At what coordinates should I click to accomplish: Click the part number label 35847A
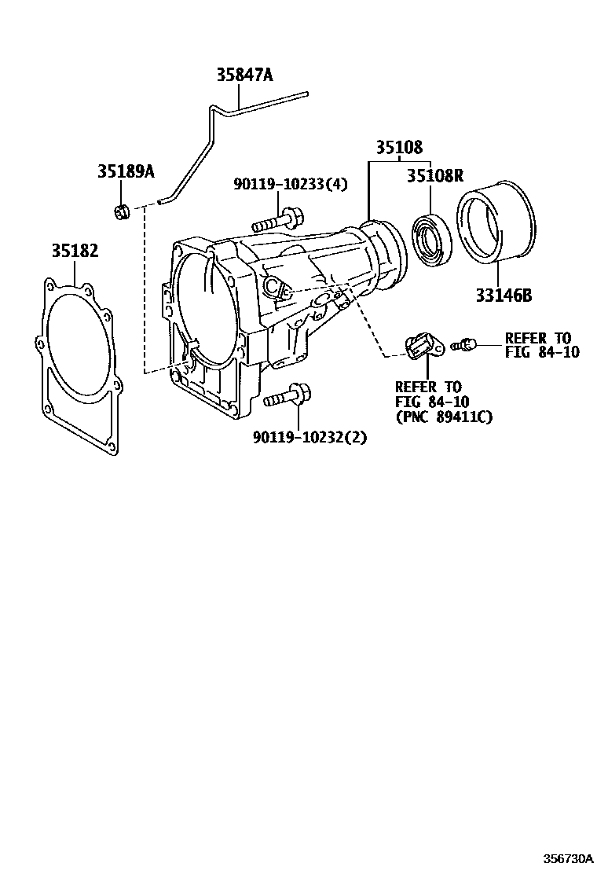pyautogui.click(x=245, y=75)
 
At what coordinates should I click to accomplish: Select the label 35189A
pyautogui.click(x=126, y=172)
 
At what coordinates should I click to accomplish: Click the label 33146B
pyautogui.click(x=504, y=296)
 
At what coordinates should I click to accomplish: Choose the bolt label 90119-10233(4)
pyautogui.click(x=290, y=184)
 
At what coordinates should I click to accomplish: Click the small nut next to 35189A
pyautogui.click(x=121, y=211)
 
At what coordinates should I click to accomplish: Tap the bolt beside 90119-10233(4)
pyautogui.click(x=279, y=218)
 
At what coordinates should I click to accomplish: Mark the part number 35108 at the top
pyautogui.click(x=398, y=147)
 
